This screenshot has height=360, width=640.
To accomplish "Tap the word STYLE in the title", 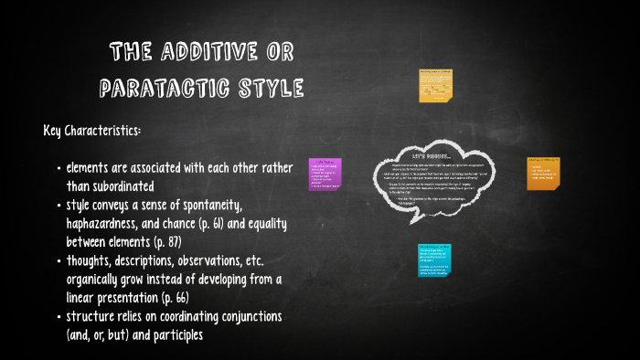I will coord(267,89).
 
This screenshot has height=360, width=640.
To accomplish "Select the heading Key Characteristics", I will coord(92,131).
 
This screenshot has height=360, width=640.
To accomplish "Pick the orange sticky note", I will coord(543,173).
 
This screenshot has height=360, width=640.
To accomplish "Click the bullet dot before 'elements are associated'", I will coord(59,169).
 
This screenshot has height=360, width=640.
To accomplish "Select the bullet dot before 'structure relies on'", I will coord(59,317).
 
